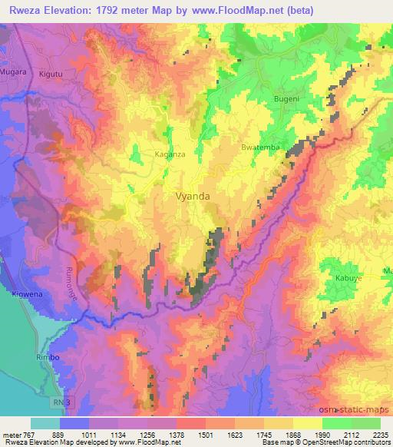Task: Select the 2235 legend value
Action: [380, 434]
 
